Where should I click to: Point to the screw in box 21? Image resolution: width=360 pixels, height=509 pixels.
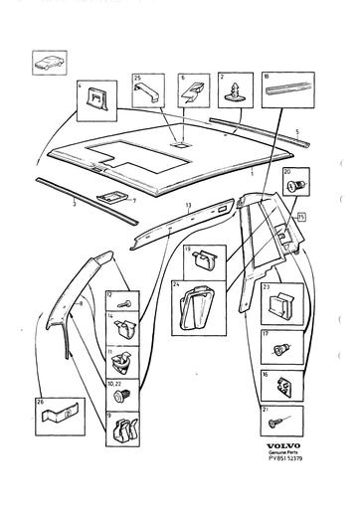pos(278,424)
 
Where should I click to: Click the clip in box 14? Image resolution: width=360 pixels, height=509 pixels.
pos(123,329)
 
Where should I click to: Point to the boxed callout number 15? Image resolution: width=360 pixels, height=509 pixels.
pos(301,215)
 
